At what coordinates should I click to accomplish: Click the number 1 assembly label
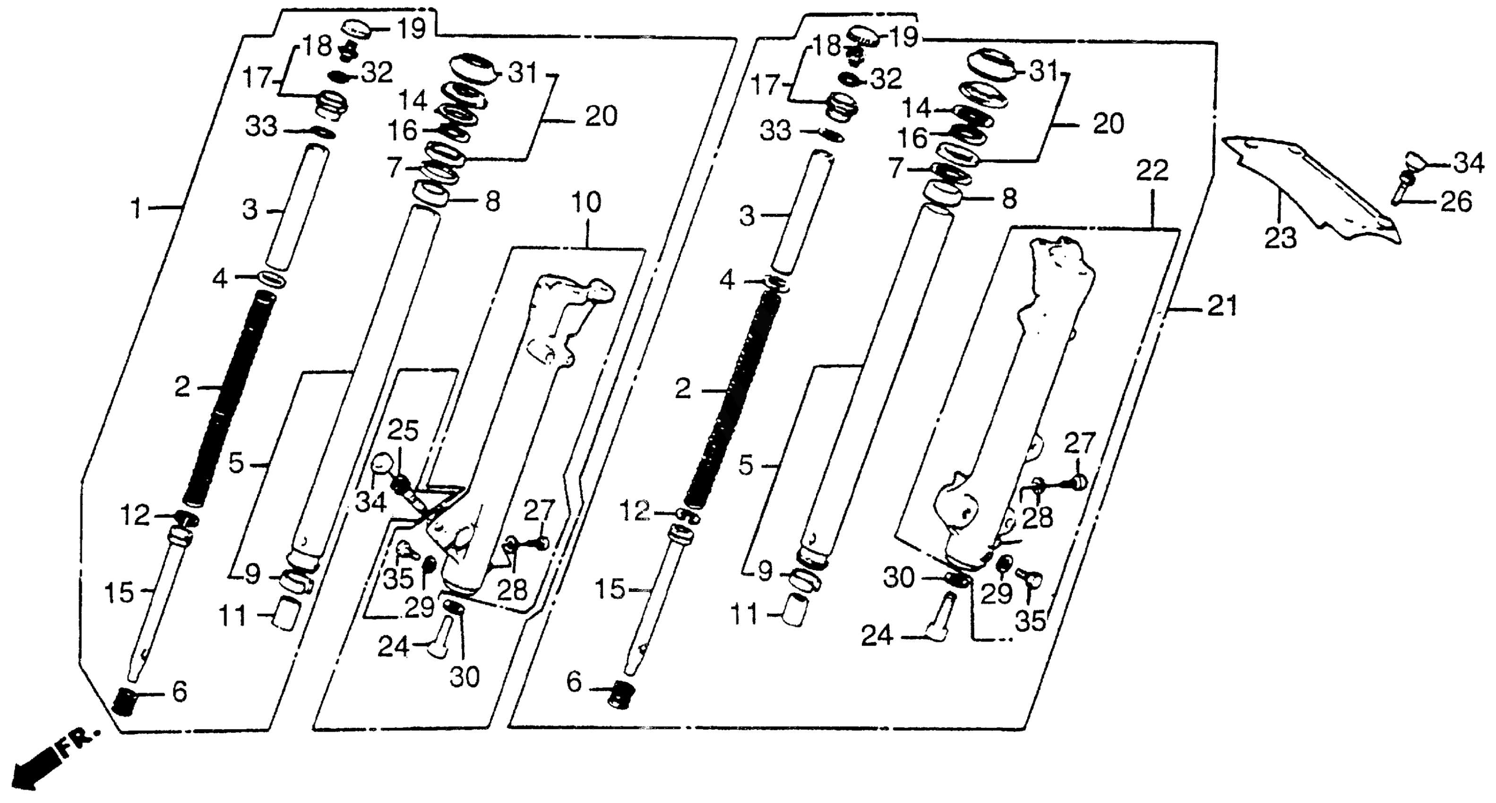pyautogui.click(x=136, y=208)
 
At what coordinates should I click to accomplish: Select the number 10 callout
pyautogui.click(x=586, y=203)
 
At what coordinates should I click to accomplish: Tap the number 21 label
pyautogui.click(x=1222, y=306)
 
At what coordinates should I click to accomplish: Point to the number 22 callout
pyautogui.click(x=1152, y=171)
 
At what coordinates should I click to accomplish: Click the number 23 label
pyautogui.click(x=1281, y=238)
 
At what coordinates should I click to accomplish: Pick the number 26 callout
pyautogui.click(x=1456, y=202)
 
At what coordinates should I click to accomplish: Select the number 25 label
pyautogui.click(x=403, y=431)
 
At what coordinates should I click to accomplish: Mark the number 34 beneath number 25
pyautogui.click(x=370, y=502)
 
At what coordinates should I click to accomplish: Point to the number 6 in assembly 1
pyautogui.click(x=179, y=692)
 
